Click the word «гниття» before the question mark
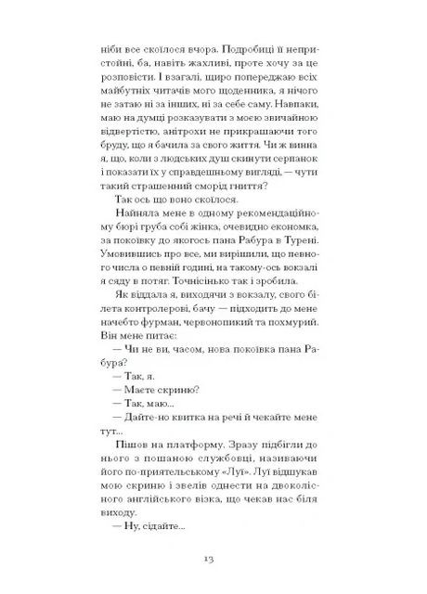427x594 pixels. (x=249, y=187)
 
